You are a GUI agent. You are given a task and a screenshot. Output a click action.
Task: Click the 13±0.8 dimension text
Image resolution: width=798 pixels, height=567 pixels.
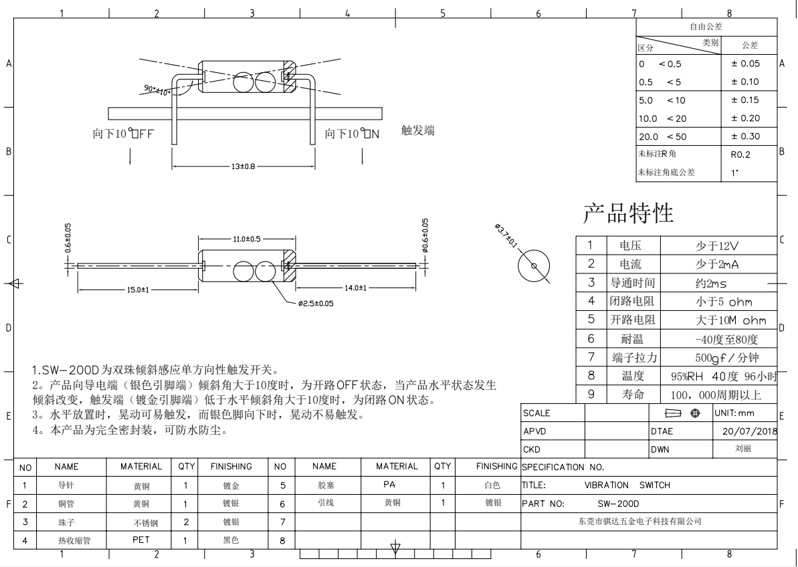click(x=243, y=166)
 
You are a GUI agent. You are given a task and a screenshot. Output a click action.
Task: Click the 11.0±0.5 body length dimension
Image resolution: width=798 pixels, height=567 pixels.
click(x=247, y=239)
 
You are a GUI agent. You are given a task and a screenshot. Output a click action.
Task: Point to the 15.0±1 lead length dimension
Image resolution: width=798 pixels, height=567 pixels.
click(x=138, y=290)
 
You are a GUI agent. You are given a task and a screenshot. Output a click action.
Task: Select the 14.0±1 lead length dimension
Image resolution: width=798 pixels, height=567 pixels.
click(x=356, y=288)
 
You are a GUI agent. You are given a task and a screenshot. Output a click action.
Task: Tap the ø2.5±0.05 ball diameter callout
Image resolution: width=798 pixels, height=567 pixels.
click(x=316, y=304)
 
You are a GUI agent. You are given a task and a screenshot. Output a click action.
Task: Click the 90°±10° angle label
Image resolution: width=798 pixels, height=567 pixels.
click(x=157, y=90)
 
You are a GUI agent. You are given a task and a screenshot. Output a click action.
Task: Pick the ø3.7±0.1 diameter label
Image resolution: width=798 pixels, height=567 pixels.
click(x=506, y=235)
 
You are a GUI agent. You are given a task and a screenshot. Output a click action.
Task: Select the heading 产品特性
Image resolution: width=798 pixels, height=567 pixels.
click(x=628, y=213)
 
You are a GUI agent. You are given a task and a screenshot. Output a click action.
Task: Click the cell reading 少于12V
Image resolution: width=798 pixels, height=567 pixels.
click(x=717, y=246)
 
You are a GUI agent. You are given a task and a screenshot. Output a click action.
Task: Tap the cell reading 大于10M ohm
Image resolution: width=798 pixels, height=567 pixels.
click(x=731, y=320)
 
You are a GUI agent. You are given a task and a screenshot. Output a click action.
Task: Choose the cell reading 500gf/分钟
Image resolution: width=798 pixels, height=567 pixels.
click(x=726, y=358)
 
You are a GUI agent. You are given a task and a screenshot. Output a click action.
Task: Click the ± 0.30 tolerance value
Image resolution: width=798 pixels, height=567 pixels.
click(x=745, y=136)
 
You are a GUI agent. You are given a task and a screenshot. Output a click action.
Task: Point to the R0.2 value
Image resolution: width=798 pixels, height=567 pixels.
click(x=740, y=154)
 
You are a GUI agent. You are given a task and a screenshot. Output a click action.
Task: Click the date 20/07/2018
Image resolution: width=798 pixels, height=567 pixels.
click(x=750, y=431)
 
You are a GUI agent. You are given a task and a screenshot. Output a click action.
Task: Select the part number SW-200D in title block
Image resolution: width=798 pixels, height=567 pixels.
click(x=618, y=504)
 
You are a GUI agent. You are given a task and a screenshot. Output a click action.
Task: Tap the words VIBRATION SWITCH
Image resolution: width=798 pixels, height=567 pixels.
click(x=627, y=485)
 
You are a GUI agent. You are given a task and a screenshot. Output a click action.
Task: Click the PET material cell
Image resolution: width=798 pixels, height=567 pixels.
click(x=141, y=540)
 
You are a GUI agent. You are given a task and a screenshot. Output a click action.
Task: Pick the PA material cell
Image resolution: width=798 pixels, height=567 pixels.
click(x=389, y=484)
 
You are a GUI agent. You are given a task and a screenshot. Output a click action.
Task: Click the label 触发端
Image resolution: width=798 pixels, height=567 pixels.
click(x=418, y=130)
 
